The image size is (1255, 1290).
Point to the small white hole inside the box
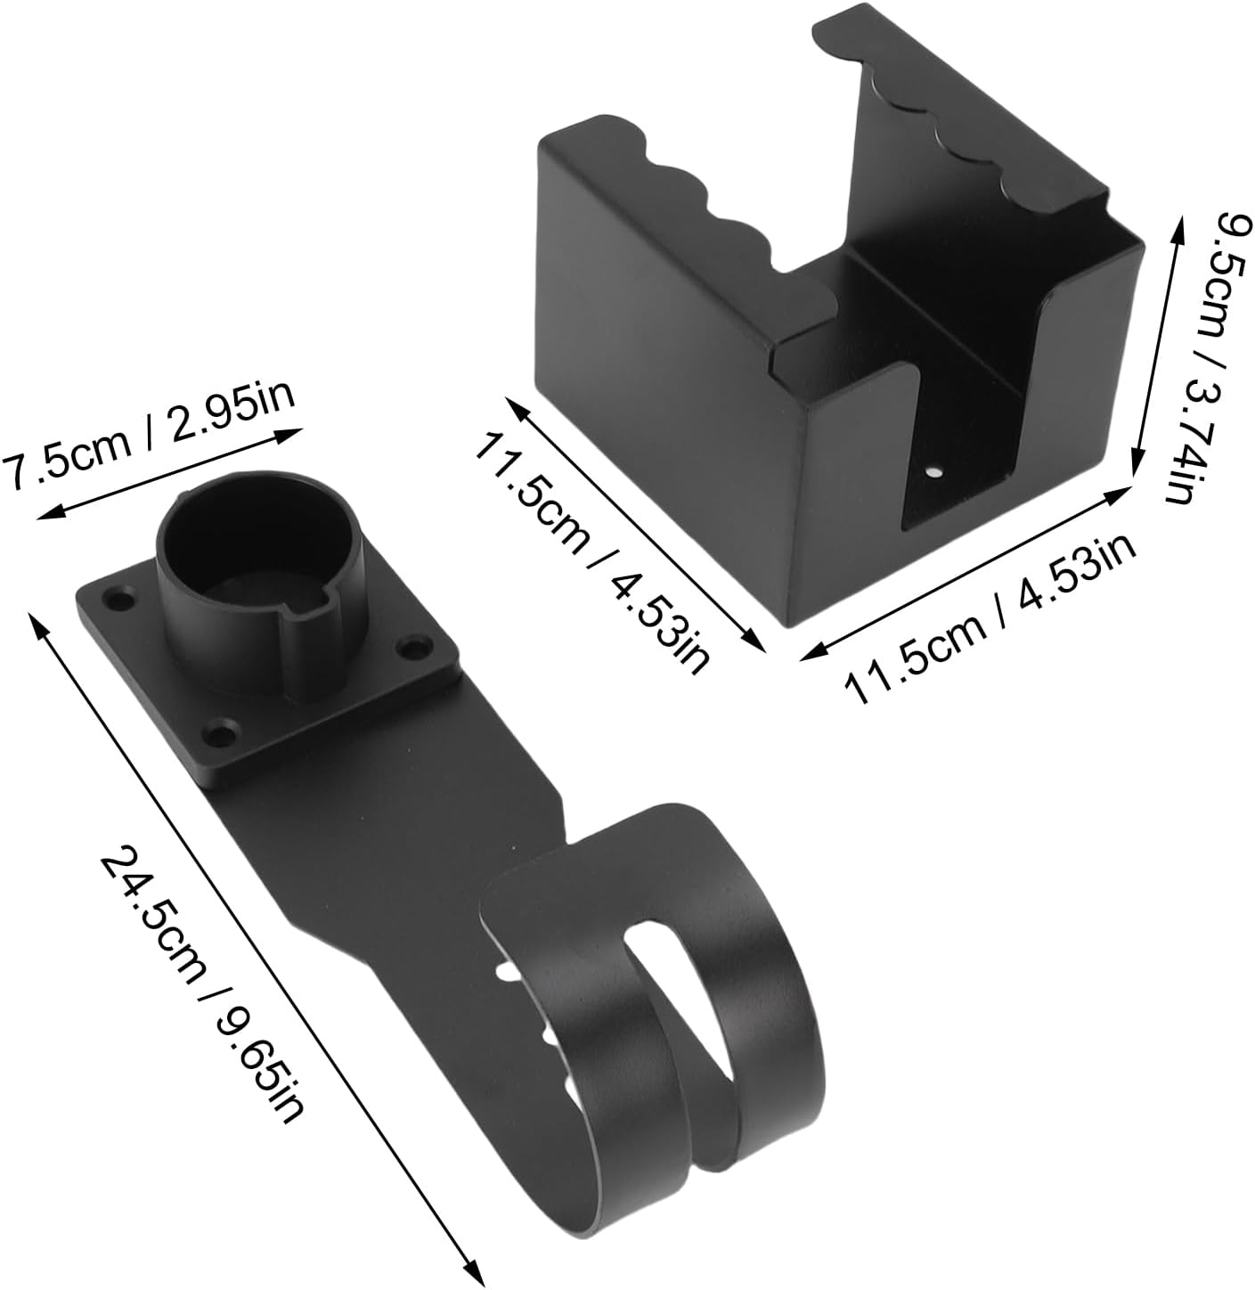933,472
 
